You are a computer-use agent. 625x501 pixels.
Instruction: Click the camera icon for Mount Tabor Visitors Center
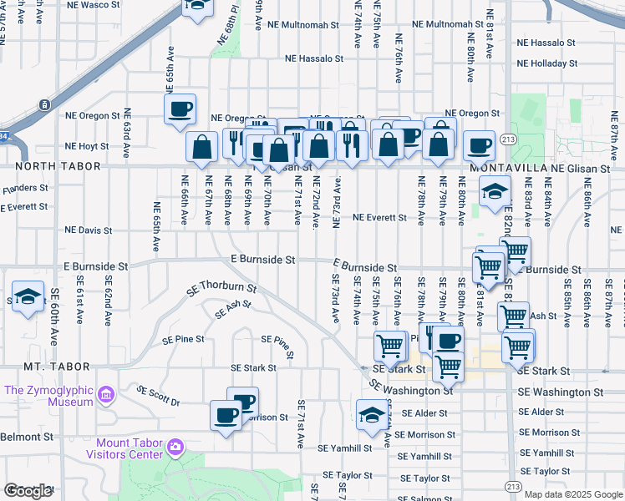point(175,448)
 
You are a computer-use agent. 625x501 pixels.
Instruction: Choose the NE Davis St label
point(88,230)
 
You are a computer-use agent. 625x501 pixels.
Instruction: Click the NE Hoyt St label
point(85,146)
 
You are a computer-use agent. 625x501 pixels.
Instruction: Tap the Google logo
point(28,491)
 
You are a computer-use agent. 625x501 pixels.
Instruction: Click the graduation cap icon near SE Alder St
point(372,414)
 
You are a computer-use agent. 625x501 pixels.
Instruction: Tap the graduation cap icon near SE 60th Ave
point(28,296)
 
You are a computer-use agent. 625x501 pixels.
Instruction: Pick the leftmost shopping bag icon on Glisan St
point(202,148)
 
